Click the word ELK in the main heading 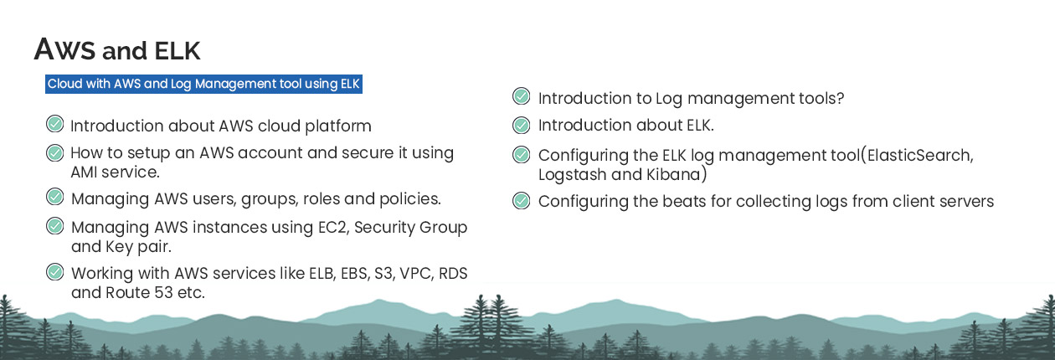[178, 51]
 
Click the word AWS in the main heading [65, 49]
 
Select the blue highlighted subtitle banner [203, 84]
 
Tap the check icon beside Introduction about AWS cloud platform [55, 125]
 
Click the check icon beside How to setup [55, 152]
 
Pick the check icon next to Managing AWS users [55, 197]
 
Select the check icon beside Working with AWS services [55, 272]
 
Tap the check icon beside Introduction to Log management [521, 96]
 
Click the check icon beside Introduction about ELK [521, 125]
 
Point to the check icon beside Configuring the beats [521, 201]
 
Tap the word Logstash [572, 175]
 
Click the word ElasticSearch [920, 156]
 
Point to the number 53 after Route [163, 293]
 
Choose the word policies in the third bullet [409, 199]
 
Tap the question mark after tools [839, 98]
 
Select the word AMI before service [84, 172]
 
